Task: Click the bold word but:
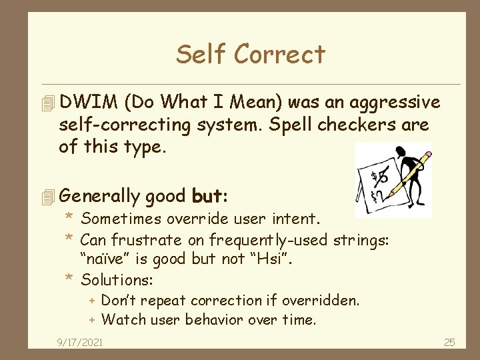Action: point(210,197)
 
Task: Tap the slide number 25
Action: point(449,342)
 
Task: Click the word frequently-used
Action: point(247,239)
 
